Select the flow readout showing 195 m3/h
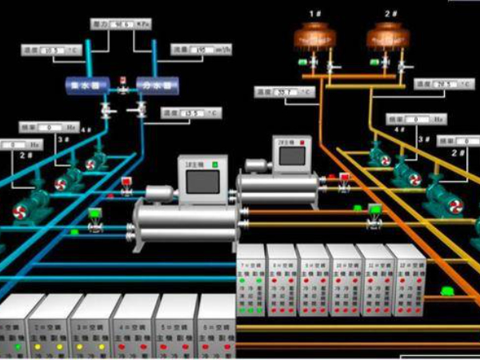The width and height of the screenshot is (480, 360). point(195,50)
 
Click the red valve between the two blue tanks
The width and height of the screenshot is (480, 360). point(122,81)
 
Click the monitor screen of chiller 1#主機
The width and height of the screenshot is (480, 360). point(202,182)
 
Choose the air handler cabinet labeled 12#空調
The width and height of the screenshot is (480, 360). point(406,280)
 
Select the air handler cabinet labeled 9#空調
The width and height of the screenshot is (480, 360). point(313,280)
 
